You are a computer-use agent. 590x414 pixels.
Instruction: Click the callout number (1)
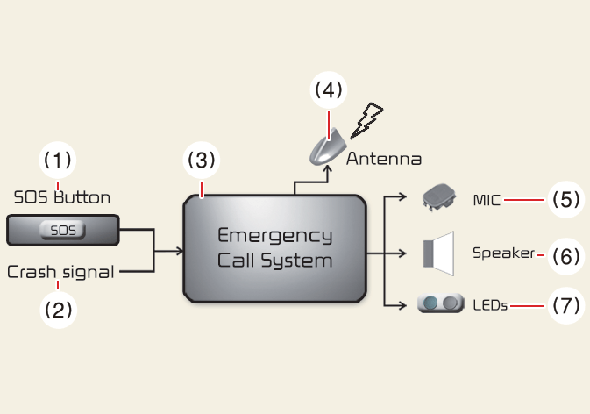(58, 161)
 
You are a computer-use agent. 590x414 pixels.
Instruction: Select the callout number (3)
(200, 161)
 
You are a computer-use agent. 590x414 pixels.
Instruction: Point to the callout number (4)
(329, 89)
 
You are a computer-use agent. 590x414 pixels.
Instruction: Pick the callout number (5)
(565, 200)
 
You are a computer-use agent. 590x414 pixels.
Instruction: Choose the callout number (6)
(565, 255)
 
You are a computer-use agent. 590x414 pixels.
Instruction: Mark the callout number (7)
(565, 306)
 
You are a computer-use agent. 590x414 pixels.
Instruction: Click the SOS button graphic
(62, 232)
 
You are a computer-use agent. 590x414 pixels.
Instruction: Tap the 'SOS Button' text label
(62, 196)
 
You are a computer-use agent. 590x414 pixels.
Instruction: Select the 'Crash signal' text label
(61, 272)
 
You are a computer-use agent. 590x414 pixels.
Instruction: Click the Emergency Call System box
(274, 248)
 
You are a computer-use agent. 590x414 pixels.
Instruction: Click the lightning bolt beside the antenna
(366, 121)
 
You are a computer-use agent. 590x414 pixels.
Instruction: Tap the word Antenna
(384, 160)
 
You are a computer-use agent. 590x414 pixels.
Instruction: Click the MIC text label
(487, 200)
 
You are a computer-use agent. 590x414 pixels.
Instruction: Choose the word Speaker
(503, 253)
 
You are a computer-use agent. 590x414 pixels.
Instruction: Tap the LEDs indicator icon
(440, 304)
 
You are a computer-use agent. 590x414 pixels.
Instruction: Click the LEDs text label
(490, 306)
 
